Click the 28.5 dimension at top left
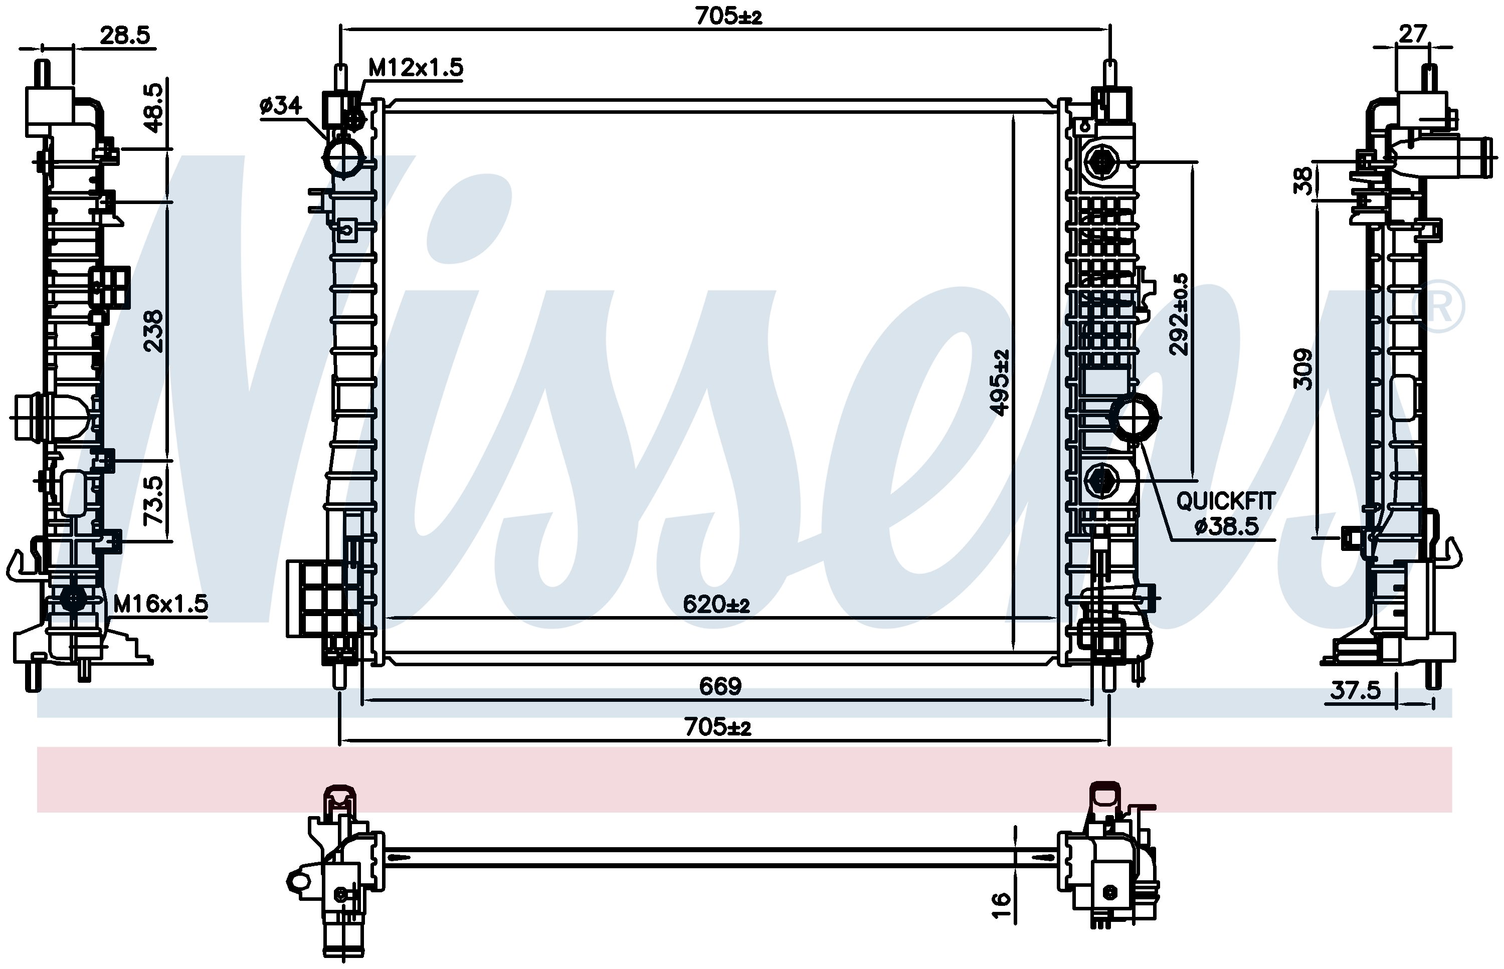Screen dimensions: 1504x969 pos(125,35)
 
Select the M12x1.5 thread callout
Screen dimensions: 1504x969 pos(415,67)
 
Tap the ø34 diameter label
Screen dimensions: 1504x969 pos(281,105)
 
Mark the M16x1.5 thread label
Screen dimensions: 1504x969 pos(160,604)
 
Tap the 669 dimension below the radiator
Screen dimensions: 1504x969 pos(720,686)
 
